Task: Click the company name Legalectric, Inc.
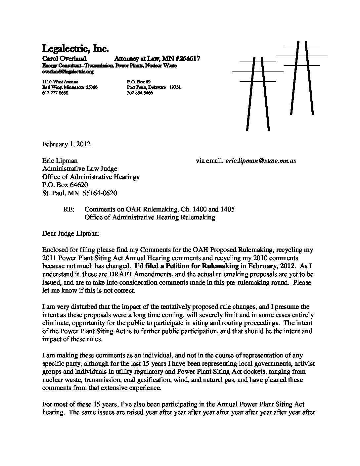pos(75,49)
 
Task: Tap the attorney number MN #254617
pos(181,59)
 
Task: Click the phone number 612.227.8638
pos(55,93)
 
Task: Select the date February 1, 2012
pos(66,144)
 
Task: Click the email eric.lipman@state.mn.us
pos(260,161)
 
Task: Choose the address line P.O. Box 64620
pos(65,185)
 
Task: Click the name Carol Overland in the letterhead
pos(65,59)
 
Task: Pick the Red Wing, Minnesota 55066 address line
pos(70,87)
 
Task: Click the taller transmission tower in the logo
pos(301,78)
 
